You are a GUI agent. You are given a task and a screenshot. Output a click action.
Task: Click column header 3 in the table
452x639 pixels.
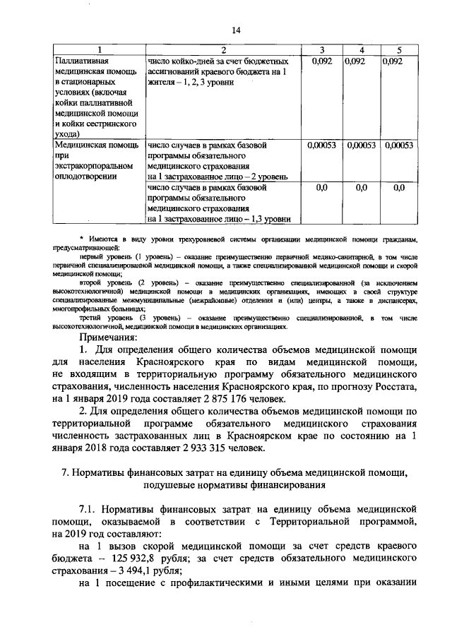click(322, 49)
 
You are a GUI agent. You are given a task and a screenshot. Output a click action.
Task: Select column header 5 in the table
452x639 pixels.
click(399, 49)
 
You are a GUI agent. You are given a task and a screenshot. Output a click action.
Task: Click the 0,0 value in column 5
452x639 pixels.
click(399, 187)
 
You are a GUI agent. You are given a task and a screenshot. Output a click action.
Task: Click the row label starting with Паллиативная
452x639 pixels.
click(83, 61)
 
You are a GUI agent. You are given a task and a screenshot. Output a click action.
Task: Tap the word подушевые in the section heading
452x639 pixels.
click(174, 486)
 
